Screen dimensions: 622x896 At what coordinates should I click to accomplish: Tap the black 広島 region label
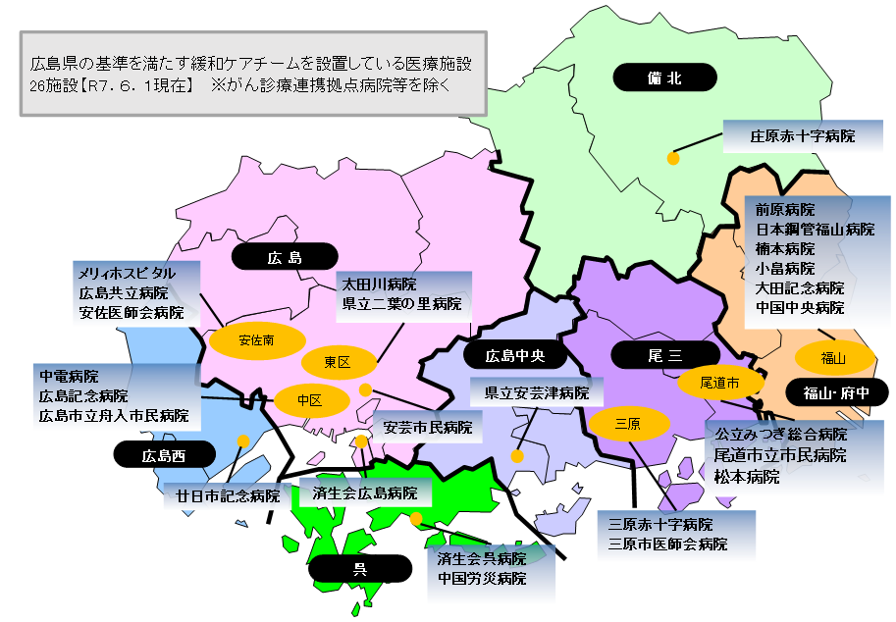[283, 258]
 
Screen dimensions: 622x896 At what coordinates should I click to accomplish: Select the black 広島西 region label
[163, 455]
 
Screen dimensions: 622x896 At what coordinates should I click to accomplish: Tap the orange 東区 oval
[338, 363]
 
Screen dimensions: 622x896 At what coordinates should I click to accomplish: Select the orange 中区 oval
[310, 400]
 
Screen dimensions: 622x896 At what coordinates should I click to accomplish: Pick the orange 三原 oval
[628, 424]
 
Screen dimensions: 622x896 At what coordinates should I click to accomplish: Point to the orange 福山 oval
[833, 358]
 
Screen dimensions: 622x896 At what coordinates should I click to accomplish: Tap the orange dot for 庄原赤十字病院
[673, 158]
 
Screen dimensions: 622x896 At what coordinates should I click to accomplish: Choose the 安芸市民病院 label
[427, 428]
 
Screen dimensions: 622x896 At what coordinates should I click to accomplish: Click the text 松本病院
[747, 476]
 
